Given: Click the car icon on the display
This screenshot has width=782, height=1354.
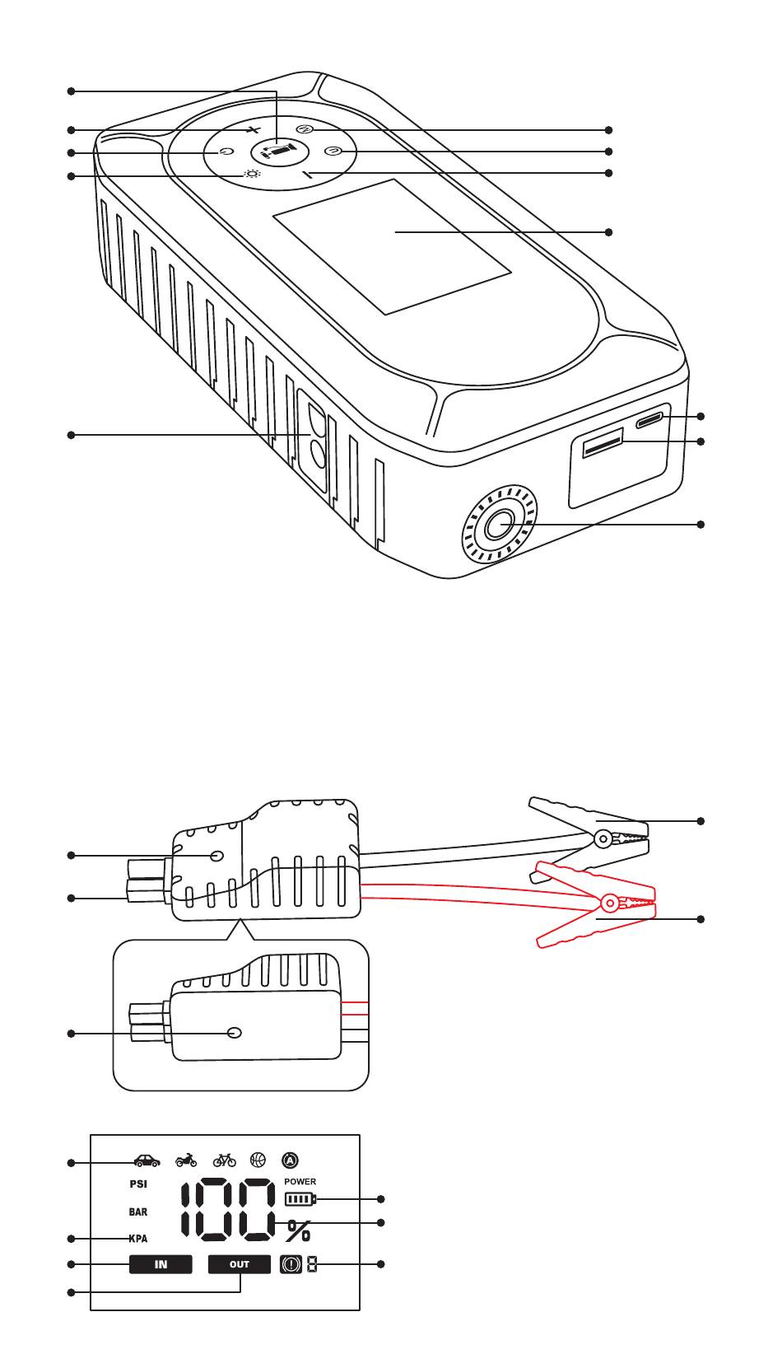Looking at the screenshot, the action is tap(147, 1160).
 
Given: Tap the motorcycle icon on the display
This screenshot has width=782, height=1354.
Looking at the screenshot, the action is tap(186, 1160).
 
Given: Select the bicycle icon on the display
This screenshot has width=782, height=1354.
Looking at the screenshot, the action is tap(224, 1160).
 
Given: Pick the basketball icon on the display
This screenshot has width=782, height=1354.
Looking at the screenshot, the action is tap(258, 1160).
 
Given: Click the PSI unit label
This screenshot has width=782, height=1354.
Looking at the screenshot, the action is tap(138, 1184).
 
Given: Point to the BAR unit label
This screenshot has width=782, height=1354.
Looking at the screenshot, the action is tap(138, 1212).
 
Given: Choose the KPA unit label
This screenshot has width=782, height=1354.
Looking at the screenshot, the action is tap(138, 1238).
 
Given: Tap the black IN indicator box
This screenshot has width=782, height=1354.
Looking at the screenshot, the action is tap(161, 1264).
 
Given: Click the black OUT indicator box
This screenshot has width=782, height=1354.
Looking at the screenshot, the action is tap(240, 1264).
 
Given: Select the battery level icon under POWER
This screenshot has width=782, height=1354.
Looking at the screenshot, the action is tap(300, 1198).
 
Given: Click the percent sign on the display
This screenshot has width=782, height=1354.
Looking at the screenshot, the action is tap(299, 1230).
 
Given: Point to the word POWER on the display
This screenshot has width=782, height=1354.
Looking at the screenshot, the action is tap(300, 1181).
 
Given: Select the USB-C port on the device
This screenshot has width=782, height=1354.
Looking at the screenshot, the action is tap(649, 419).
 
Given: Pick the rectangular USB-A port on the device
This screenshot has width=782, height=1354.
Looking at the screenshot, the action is tap(603, 442).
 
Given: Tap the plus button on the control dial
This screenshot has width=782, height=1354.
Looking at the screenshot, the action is tap(254, 129).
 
